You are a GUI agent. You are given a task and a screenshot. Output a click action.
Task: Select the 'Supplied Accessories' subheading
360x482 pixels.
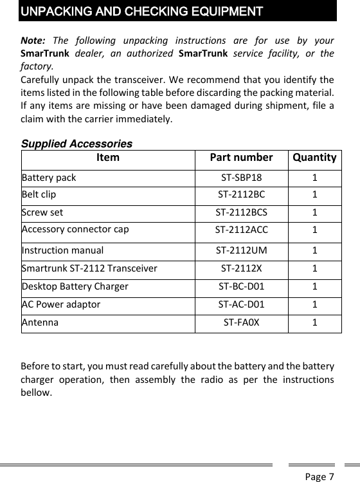pyautogui.click(x=77, y=144)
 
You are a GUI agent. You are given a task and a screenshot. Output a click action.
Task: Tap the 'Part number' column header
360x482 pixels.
pyautogui.click(x=242, y=158)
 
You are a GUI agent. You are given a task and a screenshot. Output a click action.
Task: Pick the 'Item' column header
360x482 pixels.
pyautogui.click(x=107, y=158)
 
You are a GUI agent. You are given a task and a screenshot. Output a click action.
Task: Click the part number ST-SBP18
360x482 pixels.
pyautogui.click(x=242, y=178)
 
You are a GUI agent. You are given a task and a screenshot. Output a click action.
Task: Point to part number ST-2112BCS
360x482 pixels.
pyautogui.click(x=242, y=211)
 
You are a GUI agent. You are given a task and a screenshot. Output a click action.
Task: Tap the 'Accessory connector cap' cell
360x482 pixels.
pyautogui.click(x=75, y=229)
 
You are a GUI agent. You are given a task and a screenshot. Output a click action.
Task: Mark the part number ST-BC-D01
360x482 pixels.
pyautogui.click(x=242, y=286)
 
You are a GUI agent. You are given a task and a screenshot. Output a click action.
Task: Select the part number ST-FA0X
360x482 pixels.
pyautogui.click(x=242, y=322)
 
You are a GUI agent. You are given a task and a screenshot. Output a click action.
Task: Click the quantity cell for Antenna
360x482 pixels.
pyautogui.click(x=314, y=322)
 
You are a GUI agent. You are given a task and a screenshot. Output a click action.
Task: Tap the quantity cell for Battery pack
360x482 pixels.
pyautogui.click(x=314, y=178)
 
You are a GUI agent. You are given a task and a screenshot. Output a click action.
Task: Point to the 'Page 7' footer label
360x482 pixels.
pyautogui.click(x=319, y=477)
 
